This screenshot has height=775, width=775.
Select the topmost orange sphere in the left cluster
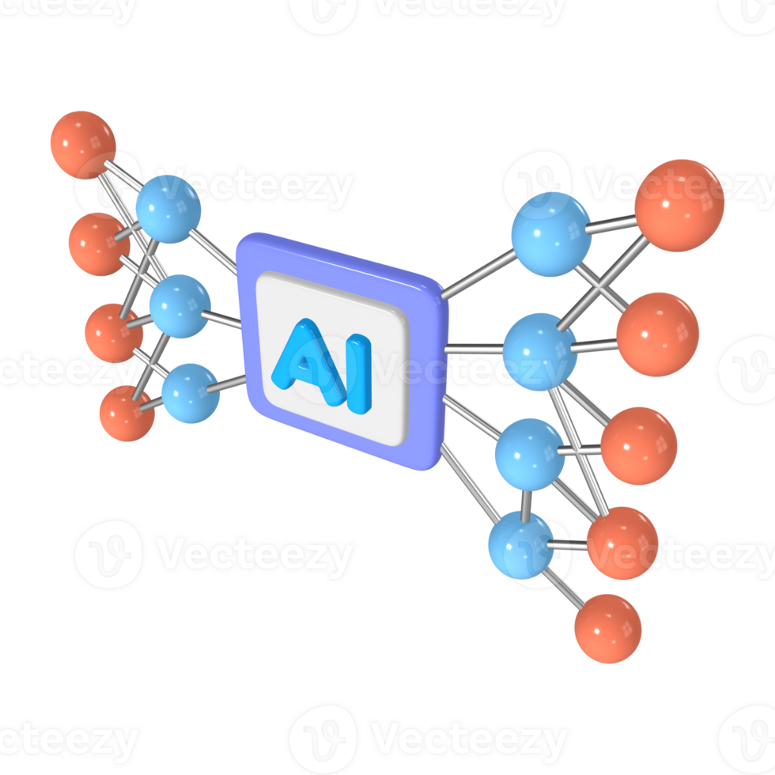coord(82,144)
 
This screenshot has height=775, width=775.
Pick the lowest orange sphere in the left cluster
coord(127,414)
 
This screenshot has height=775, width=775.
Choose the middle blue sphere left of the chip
coord(180,306)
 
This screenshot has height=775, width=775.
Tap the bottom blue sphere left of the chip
coord(191,393)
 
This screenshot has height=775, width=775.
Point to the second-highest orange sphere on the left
coord(98,244)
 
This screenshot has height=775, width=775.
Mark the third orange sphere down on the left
coord(112,333)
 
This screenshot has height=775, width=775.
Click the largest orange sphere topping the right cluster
coord(679,206)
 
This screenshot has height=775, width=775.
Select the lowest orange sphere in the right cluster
coord(607,629)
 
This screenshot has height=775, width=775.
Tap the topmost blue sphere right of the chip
coord(550,234)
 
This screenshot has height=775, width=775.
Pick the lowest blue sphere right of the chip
coord(520,545)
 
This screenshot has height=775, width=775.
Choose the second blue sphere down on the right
coord(540,351)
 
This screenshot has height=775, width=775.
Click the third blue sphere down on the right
coord(530,454)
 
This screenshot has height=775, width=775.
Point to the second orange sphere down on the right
coord(657,334)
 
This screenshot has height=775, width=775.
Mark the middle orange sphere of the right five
coord(639,445)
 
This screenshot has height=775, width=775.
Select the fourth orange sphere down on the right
coord(623,542)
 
